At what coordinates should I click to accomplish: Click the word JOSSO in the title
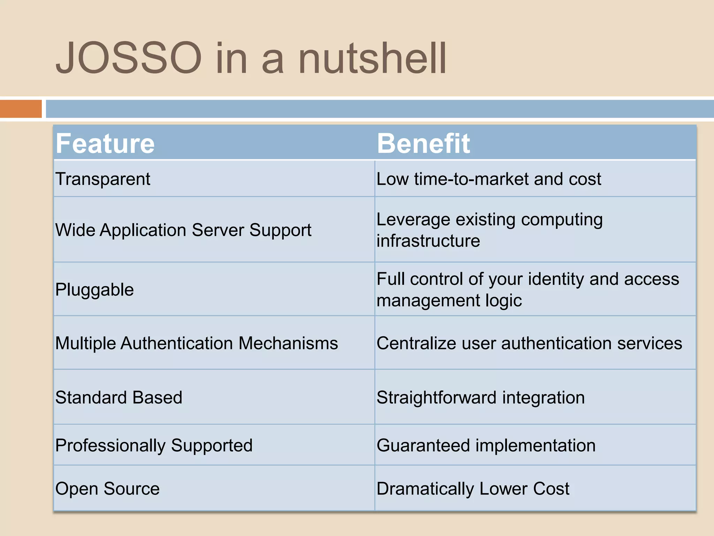click(129, 58)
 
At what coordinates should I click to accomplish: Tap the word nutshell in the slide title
click(372, 58)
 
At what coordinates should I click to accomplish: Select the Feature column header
click(105, 143)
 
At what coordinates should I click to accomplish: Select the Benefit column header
click(423, 143)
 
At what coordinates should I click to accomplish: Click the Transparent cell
click(103, 179)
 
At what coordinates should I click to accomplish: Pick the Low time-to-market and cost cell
click(489, 179)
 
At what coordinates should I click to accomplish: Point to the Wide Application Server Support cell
click(183, 230)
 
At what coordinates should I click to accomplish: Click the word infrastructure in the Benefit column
click(428, 241)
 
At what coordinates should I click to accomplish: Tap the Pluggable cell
click(94, 290)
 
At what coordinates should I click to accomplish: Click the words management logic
click(449, 301)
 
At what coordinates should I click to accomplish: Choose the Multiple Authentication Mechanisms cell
click(197, 343)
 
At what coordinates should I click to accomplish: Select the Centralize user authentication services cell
click(529, 343)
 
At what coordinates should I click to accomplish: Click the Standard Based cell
click(119, 397)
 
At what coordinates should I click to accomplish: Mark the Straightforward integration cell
click(480, 397)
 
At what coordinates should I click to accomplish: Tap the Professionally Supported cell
click(154, 446)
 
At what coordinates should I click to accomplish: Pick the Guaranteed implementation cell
click(486, 446)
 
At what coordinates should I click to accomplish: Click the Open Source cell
click(107, 489)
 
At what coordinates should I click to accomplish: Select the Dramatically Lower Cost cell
click(473, 489)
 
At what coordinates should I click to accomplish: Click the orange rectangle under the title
click(21, 109)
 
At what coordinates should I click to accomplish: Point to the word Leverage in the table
click(413, 220)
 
